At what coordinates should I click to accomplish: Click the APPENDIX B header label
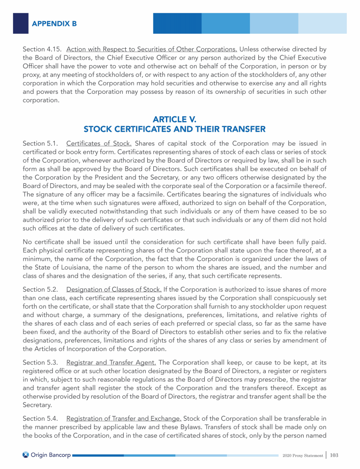[54, 23]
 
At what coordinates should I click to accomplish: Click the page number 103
[334, 455]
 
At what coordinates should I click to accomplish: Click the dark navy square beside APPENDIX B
[21, 23]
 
